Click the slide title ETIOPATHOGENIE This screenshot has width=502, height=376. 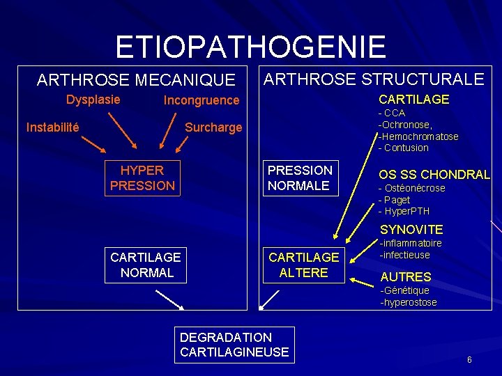point(250,47)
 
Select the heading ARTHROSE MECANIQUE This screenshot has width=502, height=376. point(136,80)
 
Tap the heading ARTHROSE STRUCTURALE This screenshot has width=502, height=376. point(374,79)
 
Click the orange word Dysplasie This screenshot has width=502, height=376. point(93,100)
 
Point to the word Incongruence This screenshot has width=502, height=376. point(201,100)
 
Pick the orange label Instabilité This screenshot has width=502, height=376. point(52,127)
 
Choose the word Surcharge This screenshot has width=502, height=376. point(213,127)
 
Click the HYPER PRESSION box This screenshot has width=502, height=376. point(142,178)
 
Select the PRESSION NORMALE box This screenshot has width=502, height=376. point(300,178)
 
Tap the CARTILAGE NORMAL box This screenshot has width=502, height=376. point(146,265)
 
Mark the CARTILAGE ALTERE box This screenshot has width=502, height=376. point(303,265)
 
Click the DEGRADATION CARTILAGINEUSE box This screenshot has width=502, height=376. point(234,345)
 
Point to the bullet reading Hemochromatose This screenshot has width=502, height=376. point(419,136)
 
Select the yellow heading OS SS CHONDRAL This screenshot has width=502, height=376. point(434,175)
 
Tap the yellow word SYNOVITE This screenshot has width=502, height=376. point(411,229)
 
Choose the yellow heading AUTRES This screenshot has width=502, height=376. point(406,276)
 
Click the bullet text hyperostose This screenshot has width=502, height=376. point(409,302)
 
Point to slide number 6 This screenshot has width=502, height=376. point(469,359)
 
